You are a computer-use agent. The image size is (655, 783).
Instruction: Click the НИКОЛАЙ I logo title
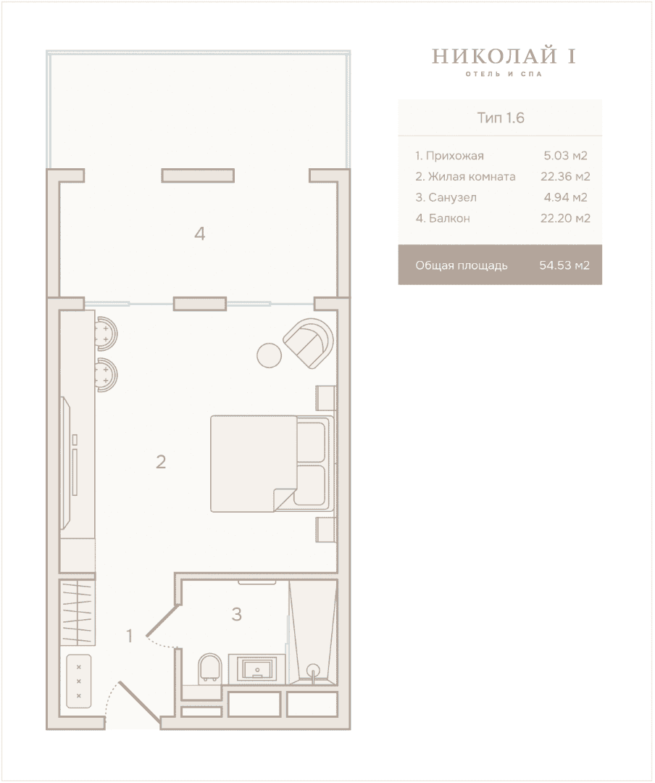point(504,56)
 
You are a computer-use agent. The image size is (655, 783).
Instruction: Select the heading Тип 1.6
point(500,118)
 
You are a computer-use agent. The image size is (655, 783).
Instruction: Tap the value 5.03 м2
point(565,155)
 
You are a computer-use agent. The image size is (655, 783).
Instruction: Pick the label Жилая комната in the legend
point(472,176)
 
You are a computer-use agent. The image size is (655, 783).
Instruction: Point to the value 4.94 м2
point(565,197)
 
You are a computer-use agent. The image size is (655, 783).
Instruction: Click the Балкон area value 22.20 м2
point(565,218)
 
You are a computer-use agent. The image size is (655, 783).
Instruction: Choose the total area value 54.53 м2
point(564,265)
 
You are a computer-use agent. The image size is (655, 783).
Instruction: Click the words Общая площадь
point(462,265)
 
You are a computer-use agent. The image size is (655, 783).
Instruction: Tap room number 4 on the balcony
point(200,233)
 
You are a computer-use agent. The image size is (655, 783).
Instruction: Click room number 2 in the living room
point(161,462)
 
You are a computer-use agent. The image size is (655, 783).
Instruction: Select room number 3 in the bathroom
point(237,614)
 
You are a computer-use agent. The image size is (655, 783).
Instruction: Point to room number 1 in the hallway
point(130,637)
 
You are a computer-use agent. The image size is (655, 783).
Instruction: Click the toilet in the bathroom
point(210,668)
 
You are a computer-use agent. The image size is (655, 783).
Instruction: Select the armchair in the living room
point(309,343)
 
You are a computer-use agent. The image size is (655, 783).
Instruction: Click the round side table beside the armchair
point(270,355)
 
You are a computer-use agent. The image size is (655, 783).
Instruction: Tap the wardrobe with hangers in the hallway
point(78,611)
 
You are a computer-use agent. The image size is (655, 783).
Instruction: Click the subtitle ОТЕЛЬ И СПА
point(504,74)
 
